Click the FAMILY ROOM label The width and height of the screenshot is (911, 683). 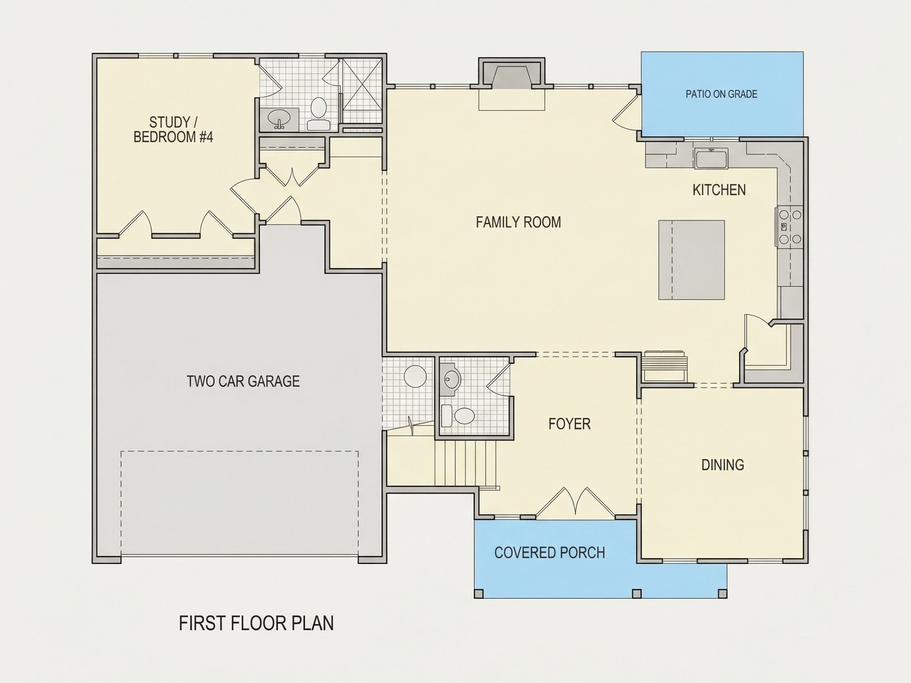tap(518, 222)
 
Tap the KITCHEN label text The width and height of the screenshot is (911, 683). tap(719, 190)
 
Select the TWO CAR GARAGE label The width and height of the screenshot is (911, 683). tap(243, 381)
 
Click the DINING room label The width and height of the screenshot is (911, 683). tap(722, 465)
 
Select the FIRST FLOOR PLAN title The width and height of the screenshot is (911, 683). tap(256, 623)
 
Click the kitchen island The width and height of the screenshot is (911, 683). tap(691, 260)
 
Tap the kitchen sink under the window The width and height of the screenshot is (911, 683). tap(711, 158)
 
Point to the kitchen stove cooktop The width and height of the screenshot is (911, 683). tap(790, 227)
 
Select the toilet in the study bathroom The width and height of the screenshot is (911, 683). tap(318, 113)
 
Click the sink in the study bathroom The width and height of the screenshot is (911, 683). tap(279, 119)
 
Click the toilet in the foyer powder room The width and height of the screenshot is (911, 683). tap(457, 415)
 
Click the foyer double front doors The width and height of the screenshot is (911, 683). tap(575, 502)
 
